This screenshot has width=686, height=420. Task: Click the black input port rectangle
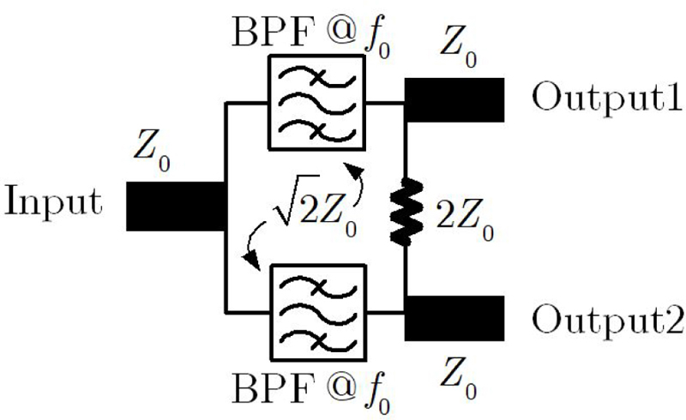pyautogui.click(x=176, y=205)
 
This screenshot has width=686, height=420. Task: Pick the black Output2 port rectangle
pyautogui.click(x=454, y=318)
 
